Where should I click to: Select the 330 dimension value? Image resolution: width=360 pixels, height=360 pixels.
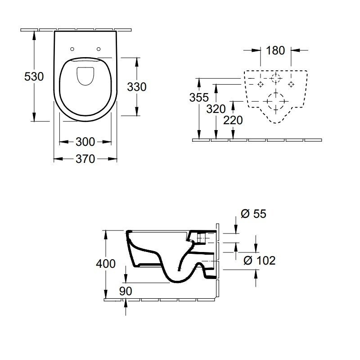point(137,86)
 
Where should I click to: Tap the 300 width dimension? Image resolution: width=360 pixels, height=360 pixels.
point(85,142)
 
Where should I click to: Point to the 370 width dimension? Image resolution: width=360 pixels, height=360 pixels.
point(85,159)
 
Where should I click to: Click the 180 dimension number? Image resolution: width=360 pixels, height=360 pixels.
point(275,50)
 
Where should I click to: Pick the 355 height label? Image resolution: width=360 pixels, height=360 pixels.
point(198,98)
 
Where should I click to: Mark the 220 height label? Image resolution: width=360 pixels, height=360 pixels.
point(233,120)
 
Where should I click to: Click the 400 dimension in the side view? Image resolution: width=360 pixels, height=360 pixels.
point(106,264)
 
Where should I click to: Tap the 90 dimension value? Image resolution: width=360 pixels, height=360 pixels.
point(126,291)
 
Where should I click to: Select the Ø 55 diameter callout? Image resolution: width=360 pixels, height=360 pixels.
point(254,214)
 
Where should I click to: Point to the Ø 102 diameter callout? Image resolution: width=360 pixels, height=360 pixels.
point(259,260)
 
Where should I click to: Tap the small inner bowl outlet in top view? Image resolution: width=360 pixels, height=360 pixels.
point(85,76)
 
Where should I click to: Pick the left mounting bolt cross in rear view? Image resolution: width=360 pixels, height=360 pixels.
point(260,84)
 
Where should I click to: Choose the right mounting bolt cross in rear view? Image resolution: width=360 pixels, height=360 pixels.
point(291,84)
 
